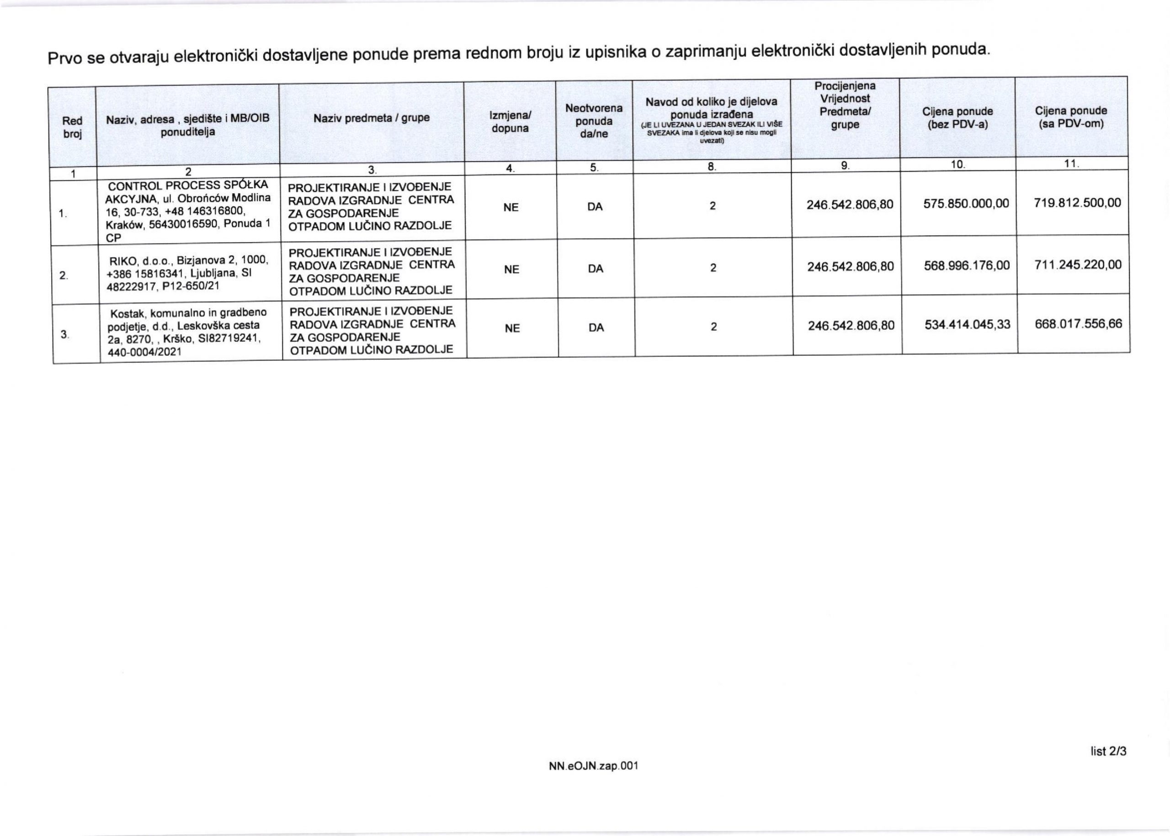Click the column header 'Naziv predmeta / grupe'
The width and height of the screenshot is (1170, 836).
click(371, 118)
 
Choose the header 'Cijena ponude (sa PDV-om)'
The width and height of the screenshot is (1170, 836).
click(1071, 117)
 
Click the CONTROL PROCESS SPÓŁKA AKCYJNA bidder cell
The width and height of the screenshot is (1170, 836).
click(187, 211)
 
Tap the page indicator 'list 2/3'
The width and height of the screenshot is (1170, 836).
click(1108, 751)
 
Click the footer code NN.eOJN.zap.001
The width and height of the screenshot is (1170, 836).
click(593, 766)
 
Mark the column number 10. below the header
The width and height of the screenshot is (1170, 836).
click(957, 165)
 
